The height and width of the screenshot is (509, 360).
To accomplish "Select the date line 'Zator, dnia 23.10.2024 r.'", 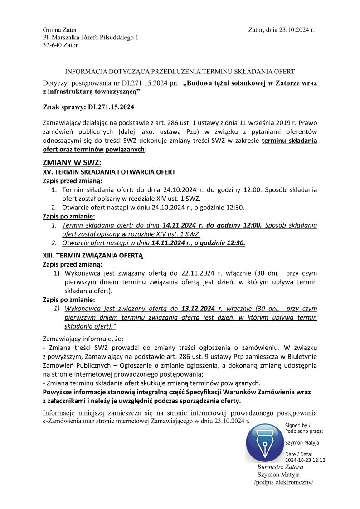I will pyautogui.click(x=281, y=30).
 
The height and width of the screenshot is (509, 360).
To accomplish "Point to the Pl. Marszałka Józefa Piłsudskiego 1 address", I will pyautogui.click(x=91, y=38).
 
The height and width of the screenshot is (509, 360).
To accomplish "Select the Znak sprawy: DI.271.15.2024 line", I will pyautogui.click(x=88, y=107).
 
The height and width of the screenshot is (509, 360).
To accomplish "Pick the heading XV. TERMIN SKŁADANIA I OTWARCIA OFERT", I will pyautogui.click(x=109, y=172).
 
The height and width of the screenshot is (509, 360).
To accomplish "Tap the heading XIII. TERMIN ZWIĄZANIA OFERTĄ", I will pyautogui.click(x=92, y=255).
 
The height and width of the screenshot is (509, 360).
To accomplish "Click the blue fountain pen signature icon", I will pyautogui.click(x=263, y=442).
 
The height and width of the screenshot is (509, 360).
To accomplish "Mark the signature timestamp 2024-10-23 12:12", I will pyautogui.click(x=305, y=460).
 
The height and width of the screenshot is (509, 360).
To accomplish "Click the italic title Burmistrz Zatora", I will pyautogui.click(x=280, y=467).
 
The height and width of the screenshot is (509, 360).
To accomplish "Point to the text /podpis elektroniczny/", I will pyautogui.click(x=284, y=482).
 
